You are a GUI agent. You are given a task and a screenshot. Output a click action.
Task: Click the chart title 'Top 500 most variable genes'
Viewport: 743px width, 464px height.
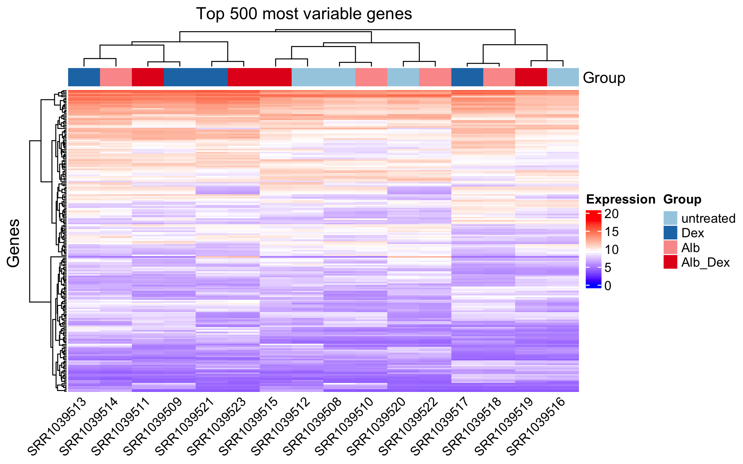(x=304, y=14)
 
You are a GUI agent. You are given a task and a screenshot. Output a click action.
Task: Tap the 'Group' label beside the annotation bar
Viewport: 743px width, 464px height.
(x=604, y=78)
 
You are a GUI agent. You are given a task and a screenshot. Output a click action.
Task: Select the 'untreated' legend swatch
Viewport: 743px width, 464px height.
(x=670, y=218)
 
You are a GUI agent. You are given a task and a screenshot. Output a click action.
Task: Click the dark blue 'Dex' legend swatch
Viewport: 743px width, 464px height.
(x=670, y=233)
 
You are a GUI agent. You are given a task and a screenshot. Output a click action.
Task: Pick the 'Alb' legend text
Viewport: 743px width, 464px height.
(x=690, y=247)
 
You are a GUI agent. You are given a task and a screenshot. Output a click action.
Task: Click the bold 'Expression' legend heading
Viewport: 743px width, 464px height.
(x=621, y=200)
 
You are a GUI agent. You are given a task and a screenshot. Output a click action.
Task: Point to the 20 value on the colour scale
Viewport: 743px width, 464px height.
(x=611, y=214)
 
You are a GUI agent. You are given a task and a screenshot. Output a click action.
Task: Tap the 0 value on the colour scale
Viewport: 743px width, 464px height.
(x=608, y=286)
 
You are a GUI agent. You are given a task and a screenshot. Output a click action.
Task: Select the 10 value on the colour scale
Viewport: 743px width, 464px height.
(x=611, y=250)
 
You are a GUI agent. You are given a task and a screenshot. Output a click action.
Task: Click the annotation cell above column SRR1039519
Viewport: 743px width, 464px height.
(x=531, y=77)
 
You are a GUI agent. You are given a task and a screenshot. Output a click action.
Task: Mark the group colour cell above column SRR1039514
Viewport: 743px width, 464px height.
(x=116, y=77)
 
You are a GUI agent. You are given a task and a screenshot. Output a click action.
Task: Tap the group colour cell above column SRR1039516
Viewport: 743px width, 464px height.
(x=563, y=77)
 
